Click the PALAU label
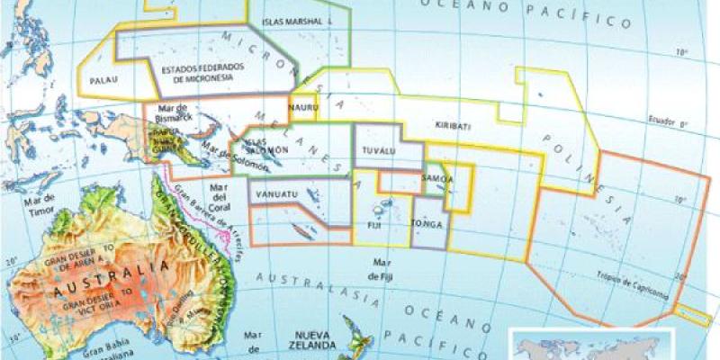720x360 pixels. click(x=106, y=80)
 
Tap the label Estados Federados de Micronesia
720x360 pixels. click(x=197, y=74)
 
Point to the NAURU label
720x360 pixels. click(x=301, y=108)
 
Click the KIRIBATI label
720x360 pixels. click(x=452, y=126)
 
